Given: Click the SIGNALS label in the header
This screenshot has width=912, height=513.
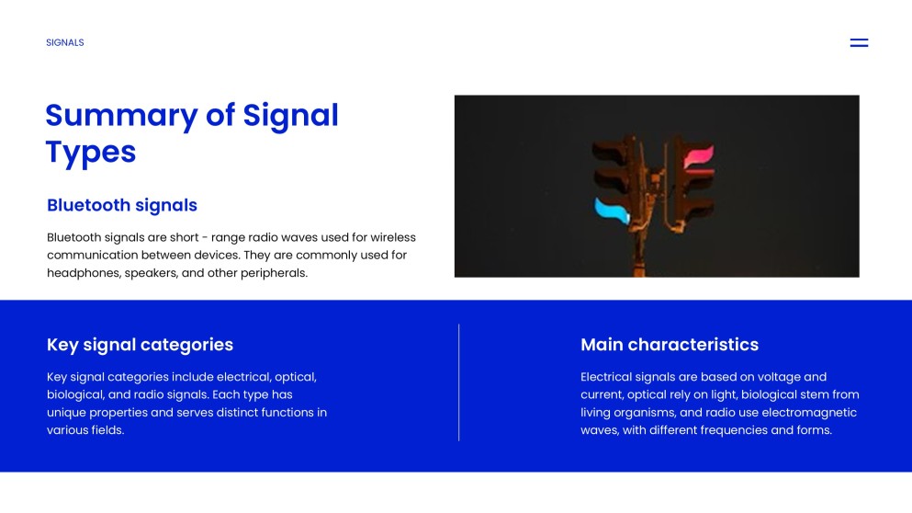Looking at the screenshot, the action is (x=65, y=42).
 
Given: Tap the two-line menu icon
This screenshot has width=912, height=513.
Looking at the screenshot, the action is (x=859, y=42).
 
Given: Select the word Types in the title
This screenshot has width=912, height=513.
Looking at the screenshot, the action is (x=91, y=153).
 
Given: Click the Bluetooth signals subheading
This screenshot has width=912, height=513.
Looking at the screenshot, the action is (x=122, y=205).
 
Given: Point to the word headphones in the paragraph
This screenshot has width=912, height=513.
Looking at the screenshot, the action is (x=84, y=273).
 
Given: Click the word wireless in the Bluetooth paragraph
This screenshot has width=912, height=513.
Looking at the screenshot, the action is (x=393, y=237).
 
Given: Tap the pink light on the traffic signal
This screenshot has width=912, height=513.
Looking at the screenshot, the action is (x=699, y=158).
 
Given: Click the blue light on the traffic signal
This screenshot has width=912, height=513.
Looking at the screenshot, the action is (x=612, y=211).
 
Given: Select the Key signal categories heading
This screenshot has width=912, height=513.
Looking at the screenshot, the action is (x=141, y=345).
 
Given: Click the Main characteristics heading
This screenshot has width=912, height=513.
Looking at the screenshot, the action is (x=670, y=345).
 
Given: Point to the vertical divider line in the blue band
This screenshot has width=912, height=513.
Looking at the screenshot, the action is (x=459, y=382).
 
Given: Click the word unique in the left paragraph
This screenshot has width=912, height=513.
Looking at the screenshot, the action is (x=66, y=413).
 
